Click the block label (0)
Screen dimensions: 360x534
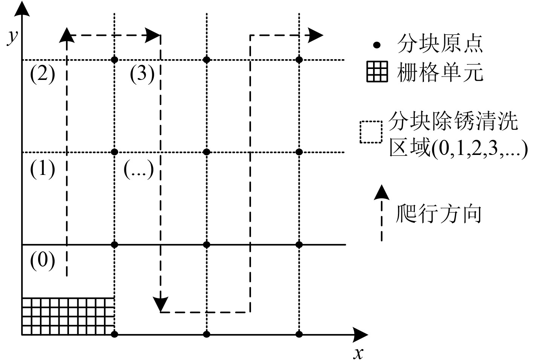tap(42, 260)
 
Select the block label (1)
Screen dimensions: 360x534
tap(42, 169)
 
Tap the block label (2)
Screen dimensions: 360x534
tap(42, 74)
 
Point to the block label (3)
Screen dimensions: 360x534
tap(142, 74)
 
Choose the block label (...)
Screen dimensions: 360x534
tap(139, 169)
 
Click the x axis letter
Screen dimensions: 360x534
tap(358, 353)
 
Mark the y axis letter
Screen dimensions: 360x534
tap(13, 37)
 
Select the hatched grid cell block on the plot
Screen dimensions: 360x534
tap(68, 316)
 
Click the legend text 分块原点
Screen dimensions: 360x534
tap(440, 44)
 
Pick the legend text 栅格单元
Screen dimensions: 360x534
tap(440, 72)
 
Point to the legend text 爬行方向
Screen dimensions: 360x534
tap(439, 214)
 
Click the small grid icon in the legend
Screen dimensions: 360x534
tap(377, 72)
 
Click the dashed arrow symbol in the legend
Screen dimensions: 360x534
tap(382, 213)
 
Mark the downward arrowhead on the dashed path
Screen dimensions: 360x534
tap(161, 303)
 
